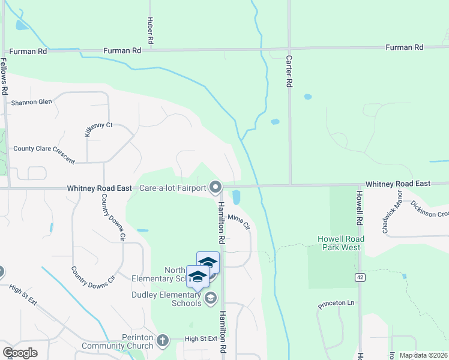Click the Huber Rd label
[151, 29]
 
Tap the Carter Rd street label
[289, 71]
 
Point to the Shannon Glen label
[31, 102]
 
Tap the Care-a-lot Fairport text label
[172, 188]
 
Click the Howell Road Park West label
[339, 243]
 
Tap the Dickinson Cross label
[430, 209]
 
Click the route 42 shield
[359, 277]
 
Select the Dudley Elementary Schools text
[167, 299]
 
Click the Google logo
[20, 353]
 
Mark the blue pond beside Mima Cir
[236, 197]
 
